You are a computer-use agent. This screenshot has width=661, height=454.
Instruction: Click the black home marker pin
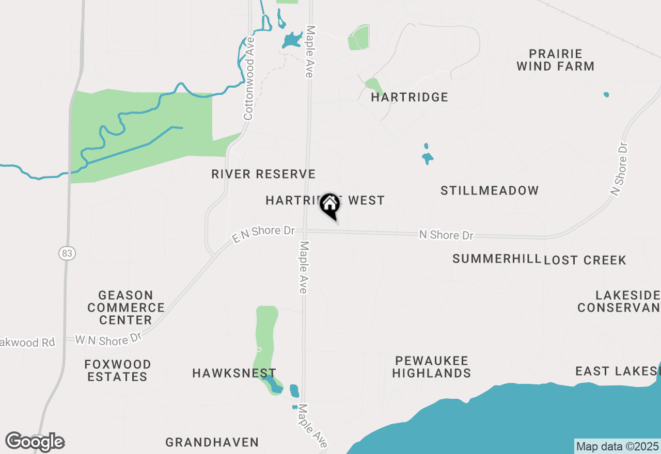tap(330, 205)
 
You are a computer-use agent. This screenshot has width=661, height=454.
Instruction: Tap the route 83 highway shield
tap(66, 253)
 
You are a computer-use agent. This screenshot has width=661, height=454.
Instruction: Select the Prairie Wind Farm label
tap(555, 60)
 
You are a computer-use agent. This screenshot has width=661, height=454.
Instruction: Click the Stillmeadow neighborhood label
tap(490, 191)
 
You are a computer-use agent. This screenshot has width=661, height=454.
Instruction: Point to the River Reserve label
tap(263, 174)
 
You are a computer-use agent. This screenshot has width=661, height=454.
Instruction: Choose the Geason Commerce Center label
tap(126, 307)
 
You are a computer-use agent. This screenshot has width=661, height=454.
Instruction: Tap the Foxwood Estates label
tap(118, 370)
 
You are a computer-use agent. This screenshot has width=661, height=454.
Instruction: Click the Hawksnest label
tap(234, 373)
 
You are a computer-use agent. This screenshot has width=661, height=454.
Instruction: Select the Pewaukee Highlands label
tap(431, 367)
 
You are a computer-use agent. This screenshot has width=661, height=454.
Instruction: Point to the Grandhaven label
tap(212, 442)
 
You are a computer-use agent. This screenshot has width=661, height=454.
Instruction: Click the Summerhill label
tap(497, 259)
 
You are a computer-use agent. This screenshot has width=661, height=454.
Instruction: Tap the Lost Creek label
tap(586, 260)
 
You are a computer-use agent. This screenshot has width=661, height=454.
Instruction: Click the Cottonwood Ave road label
tap(249, 78)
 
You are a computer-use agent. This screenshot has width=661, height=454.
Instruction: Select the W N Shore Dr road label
tap(108, 340)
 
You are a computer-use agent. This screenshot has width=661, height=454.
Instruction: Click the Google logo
tap(35, 442)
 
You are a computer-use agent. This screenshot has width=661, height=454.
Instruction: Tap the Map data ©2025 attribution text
tap(617, 446)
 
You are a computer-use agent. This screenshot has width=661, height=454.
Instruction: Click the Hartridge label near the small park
tap(410, 97)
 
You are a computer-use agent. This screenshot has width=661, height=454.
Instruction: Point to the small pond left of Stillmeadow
tap(427, 157)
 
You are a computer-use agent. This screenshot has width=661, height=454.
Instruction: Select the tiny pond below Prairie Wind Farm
tap(606, 95)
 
